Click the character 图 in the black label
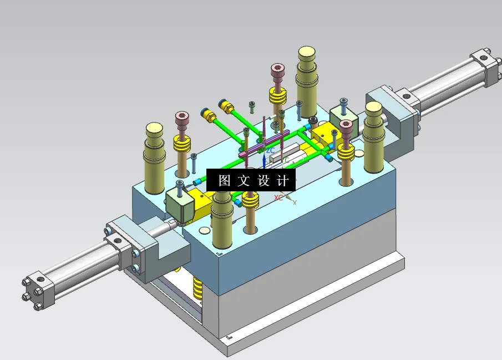224,181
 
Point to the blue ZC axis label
271,150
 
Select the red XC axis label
278,197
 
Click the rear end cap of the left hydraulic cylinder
38,290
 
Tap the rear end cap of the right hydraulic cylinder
484,64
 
